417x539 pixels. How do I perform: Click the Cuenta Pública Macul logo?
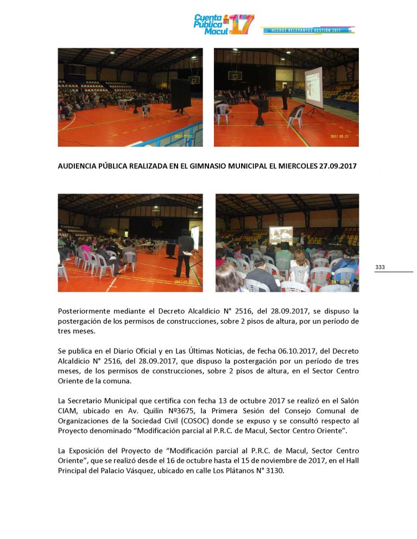(x=223, y=25)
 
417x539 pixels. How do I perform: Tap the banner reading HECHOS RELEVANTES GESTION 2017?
(x=307, y=30)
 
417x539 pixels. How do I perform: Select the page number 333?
(x=380, y=267)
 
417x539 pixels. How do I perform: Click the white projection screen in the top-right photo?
(x=313, y=87)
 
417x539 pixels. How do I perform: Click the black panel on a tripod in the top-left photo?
(x=180, y=94)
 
